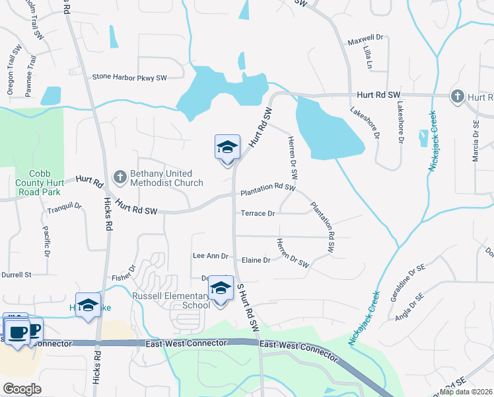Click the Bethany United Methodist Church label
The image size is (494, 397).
pos(166,178)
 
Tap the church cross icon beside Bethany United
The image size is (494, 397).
pos(120,177)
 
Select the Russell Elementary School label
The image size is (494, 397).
pos(171,300)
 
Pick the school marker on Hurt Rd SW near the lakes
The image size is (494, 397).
pos(227,148)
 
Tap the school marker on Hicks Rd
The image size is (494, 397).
pos(88,305)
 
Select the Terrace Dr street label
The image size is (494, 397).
pos(258,214)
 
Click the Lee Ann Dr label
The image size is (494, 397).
pos(210,255)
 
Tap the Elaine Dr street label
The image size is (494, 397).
pos(258,260)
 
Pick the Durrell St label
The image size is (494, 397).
pos(16,274)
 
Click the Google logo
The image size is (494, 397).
pos(22,389)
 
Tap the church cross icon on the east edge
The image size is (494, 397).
pos(456,97)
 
